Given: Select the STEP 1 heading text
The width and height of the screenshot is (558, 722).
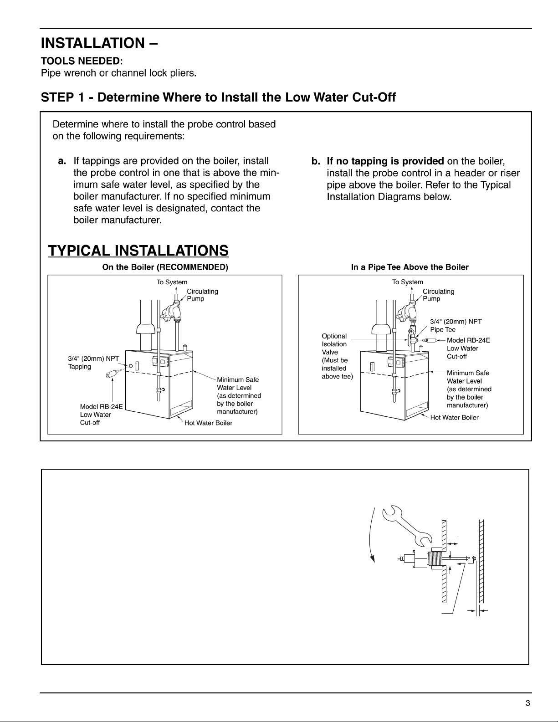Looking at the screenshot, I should tap(218, 97).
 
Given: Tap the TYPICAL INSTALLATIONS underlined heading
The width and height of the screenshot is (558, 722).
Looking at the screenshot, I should tap(138, 251).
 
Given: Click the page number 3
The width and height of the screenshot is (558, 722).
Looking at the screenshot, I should tap(527, 703).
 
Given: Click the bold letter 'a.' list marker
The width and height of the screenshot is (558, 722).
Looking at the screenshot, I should tap(62, 161).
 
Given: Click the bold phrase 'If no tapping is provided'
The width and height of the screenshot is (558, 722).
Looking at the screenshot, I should tap(385, 161).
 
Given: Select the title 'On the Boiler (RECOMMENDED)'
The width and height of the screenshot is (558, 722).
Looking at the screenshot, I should tap(165, 267).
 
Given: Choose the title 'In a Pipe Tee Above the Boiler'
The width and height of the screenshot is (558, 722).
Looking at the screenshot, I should tap(410, 267).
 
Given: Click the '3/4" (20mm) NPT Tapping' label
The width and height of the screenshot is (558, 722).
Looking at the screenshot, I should tap(93, 363).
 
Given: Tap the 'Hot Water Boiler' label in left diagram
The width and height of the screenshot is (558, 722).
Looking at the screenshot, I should tap(208, 423).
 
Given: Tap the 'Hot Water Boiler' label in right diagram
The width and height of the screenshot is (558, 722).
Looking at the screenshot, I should tap(454, 417).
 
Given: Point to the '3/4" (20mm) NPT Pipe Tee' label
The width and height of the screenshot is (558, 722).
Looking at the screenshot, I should tap(456, 325).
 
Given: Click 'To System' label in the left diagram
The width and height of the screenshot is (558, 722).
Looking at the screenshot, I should tap(172, 282).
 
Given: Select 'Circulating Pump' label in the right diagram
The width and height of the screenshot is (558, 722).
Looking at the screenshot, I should tap(438, 295).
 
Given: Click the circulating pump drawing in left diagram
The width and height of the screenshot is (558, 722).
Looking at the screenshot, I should tap(172, 312).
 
